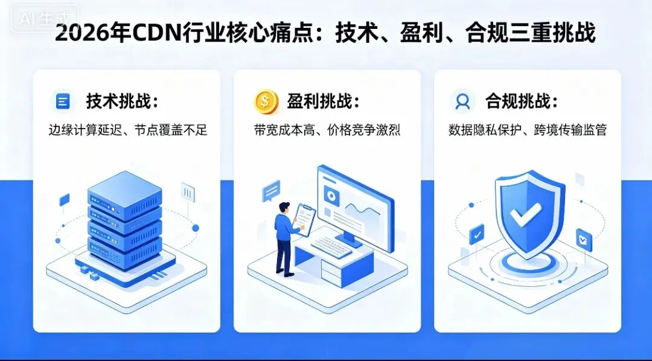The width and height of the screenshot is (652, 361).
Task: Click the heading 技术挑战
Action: [121, 101]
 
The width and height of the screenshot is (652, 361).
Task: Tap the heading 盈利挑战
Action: [322, 101]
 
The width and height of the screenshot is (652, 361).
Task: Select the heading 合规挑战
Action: [522, 101]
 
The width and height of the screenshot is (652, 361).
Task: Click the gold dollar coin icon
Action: [266, 101]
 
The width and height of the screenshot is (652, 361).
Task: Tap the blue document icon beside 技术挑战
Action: [62, 101]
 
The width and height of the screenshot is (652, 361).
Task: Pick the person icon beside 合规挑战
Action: [463, 101]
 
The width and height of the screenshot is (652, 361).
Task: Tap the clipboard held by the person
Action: [304, 218]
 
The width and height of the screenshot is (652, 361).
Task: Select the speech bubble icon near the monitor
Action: [271, 191]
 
